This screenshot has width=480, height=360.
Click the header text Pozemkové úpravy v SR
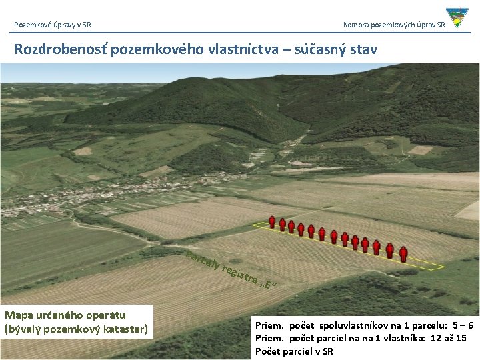(x=53, y=25)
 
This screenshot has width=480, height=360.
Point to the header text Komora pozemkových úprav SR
(x=394, y=25)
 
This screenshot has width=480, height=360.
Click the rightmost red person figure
(x=403, y=254)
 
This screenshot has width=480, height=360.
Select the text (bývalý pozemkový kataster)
(x=76, y=328)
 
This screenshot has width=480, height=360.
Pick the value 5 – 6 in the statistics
(x=461, y=325)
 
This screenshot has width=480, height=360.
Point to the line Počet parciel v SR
(x=294, y=351)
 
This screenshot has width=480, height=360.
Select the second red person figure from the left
(x=282, y=225)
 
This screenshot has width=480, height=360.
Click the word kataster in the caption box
(x=126, y=328)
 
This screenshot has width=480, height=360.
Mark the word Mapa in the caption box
(x=19, y=315)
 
